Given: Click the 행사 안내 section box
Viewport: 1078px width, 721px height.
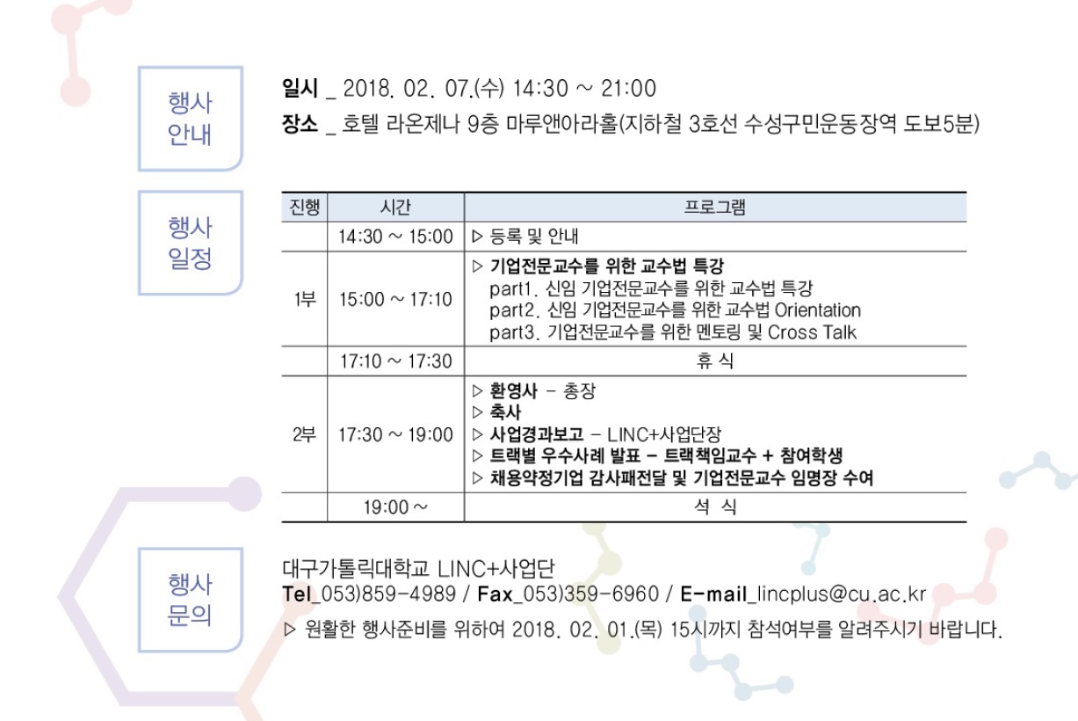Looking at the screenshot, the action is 191,119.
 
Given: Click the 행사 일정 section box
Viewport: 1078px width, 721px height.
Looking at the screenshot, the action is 191,243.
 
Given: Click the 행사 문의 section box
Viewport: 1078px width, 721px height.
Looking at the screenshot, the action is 191,600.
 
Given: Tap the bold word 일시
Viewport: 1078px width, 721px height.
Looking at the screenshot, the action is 300,88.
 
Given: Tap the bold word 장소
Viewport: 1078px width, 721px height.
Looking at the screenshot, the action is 300,124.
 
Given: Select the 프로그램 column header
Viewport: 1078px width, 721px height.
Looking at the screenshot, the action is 715,208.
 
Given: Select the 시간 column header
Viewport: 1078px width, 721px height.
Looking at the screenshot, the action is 395,208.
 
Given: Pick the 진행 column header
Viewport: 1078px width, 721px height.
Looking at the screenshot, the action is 304,208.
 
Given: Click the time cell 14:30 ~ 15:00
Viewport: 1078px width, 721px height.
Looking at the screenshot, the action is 395,237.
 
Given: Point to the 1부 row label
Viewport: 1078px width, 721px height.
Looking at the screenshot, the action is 305,299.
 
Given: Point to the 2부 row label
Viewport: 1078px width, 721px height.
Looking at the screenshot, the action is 304,434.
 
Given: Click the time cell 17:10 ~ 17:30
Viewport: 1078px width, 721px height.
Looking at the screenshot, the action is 395,361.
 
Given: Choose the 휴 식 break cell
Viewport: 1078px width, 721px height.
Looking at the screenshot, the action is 715,361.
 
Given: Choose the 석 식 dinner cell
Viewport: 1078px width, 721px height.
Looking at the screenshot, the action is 715,506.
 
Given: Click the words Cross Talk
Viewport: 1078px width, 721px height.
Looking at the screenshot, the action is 812,332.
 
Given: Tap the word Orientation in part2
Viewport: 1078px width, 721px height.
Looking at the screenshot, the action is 818,310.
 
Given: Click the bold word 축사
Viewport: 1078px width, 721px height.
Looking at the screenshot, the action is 505,412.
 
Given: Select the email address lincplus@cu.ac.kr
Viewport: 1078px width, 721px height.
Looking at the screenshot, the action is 841,594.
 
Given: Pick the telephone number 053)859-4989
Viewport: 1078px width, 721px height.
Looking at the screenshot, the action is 388,594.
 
